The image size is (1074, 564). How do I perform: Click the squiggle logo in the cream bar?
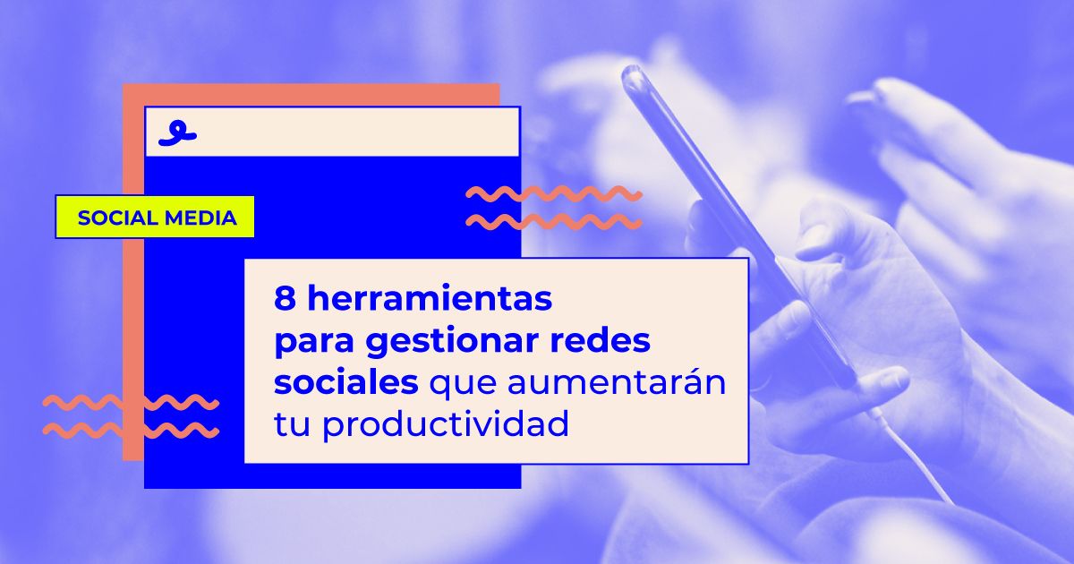pyautogui.click(x=176, y=133)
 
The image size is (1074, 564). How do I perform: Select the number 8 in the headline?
pyautogui.click(x=285, y=299)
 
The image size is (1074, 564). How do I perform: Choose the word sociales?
pyautogui.click(x=345, y=382)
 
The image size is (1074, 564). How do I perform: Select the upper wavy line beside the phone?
pyautogui.click(x=554, y=193)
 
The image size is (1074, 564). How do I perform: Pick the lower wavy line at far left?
pyautogui.click(x=131, y=431)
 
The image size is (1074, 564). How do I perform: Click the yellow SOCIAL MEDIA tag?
pyautogui.click(x=155, y=217)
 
